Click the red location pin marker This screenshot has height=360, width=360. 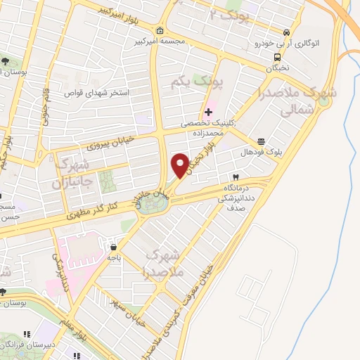180,165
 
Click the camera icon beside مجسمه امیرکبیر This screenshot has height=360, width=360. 160,30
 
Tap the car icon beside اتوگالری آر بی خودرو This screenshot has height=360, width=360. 286,32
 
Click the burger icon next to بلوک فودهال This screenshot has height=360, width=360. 262,141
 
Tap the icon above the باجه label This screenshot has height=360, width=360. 113,247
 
